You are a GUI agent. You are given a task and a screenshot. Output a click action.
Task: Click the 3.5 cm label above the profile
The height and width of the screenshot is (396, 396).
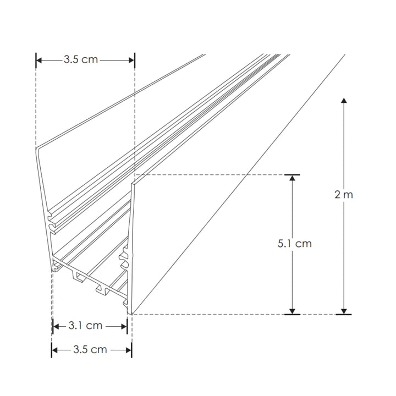click(80, 59)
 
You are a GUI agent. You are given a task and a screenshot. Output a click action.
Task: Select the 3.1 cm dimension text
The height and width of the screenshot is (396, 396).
click(85, 326)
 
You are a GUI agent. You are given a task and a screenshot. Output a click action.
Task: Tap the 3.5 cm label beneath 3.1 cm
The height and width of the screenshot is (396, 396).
click(90, 349)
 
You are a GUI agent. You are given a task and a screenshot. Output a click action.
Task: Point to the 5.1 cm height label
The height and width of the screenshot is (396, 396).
click(294, 243)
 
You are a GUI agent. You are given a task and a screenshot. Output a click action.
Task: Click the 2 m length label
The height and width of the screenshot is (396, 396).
click(344, 195)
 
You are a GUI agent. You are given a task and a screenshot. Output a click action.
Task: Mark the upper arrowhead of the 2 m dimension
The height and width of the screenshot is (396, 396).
click(344, 101)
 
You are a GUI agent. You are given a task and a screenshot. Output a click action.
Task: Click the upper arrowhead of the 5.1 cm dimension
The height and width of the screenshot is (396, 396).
click(292, 179)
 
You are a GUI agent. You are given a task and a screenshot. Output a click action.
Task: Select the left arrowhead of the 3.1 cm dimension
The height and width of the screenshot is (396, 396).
click(56, 326)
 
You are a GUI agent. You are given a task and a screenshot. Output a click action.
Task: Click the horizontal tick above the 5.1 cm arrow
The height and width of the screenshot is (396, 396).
click(292, 175)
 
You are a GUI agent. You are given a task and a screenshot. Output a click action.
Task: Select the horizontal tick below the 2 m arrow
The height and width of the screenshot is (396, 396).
click(344, 315)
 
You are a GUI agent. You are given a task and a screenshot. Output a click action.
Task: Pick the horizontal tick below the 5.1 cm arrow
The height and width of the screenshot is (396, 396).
click(292, 315)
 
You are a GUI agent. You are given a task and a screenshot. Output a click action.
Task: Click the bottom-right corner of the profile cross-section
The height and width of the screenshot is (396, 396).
click(131, 313)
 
